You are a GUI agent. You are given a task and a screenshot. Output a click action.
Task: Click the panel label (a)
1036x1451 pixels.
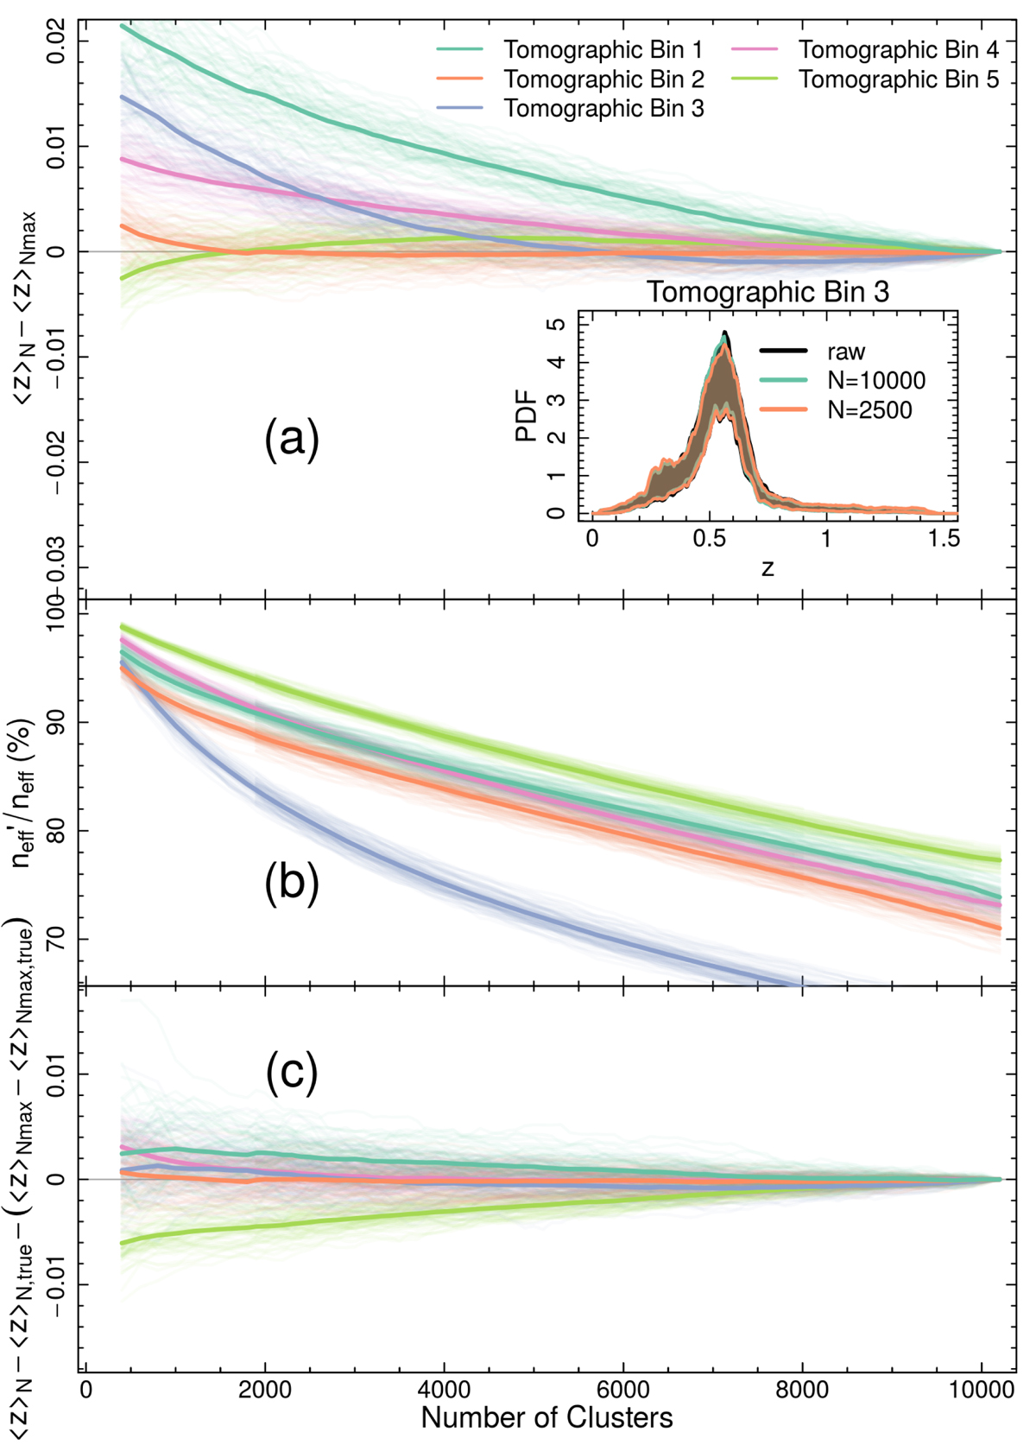coord(292,440)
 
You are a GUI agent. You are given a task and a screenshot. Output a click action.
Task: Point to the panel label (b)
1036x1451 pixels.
coord(292,884)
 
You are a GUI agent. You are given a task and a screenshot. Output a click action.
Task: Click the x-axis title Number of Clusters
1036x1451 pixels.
coord(546,1417)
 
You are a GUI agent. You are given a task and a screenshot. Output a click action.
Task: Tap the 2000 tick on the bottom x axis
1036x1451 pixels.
coord(264,1390)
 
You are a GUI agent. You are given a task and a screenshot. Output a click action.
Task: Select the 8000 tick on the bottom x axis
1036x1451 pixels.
coord(802,1390)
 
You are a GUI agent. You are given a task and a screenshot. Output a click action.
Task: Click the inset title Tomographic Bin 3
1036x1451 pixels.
coord(768,292)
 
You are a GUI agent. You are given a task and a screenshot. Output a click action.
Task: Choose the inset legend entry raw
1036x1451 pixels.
coord(846,352)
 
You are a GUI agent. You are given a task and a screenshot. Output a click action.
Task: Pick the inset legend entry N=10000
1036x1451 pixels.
coord(875,380)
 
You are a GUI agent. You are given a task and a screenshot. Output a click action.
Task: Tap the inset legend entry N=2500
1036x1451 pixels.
coord(869,409)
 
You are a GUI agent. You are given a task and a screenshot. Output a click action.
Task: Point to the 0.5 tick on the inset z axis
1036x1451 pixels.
coord(709,538)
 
